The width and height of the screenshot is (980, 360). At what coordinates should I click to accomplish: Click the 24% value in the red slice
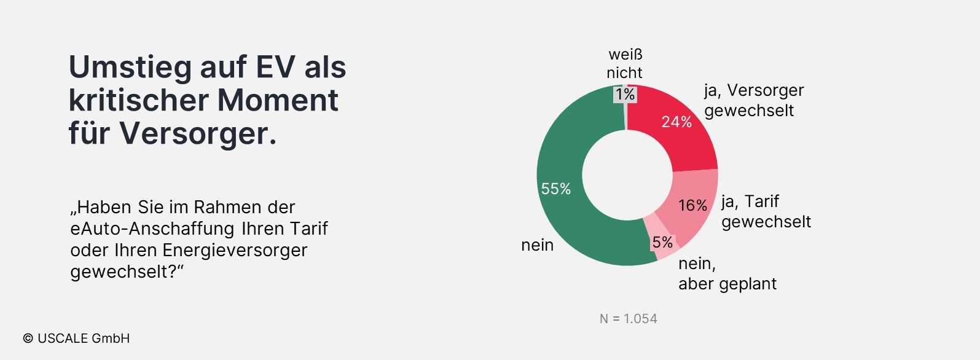click(x=676, y=122)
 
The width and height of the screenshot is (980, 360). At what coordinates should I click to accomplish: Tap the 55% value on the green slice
click(x=555, y=189)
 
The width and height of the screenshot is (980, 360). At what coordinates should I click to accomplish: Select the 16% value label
click(x=692, y=205)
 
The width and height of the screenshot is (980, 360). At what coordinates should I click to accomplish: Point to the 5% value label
click(x=662, y=243)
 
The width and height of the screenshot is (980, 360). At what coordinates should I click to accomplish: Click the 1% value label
click(x=625, y=94)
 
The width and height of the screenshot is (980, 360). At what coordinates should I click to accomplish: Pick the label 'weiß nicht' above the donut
click(x=625, y=64)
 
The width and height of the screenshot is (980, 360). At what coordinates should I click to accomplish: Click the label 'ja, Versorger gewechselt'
click(x=753, y=100)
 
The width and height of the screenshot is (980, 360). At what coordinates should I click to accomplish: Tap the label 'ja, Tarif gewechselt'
click(x=766, y=211)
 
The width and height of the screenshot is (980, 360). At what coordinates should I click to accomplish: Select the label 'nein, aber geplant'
click(x=727, y=273)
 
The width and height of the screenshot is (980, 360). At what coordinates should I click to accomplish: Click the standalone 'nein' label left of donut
click(x=537, y=245)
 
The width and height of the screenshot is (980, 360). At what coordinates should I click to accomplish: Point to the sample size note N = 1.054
click(x=628, y=319)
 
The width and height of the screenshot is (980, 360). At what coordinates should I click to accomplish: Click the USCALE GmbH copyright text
click(x=77, y=338)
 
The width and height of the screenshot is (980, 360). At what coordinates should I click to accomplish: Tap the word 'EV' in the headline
click(x=275, y=67)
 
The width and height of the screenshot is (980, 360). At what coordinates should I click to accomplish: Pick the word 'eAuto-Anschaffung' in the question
click(x=152, y=229)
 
